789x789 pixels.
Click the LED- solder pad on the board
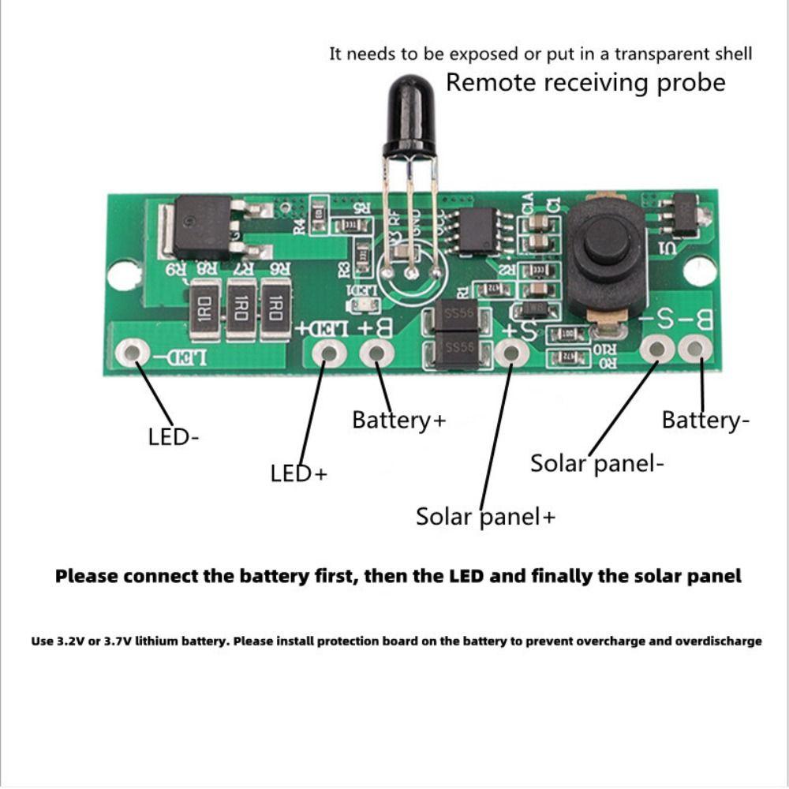point(132,352)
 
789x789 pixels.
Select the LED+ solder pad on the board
point(324,353)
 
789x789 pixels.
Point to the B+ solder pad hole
point(376,353)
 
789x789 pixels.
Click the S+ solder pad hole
point(510,353)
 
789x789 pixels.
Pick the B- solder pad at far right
point(695,348)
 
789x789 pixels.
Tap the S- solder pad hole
point(655,348)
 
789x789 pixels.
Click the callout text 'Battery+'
point(398,420)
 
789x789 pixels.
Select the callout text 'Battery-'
point(705,421)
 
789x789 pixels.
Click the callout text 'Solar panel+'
point(485,517)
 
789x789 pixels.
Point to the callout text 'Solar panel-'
point(596,463)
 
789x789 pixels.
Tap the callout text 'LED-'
point(173,437)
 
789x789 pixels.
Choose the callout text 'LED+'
point(298,473)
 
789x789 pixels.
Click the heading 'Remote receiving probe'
point(585,83)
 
